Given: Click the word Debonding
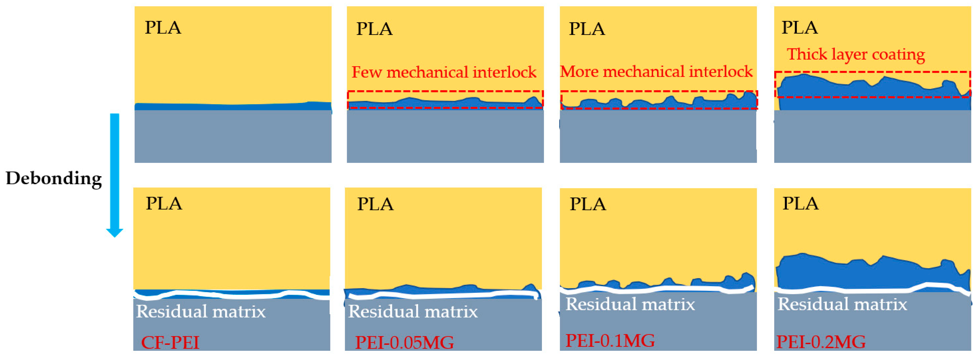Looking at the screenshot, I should (54, 178).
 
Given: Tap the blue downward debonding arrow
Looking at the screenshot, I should (115, 175).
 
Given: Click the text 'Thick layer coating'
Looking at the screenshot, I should (856, 54).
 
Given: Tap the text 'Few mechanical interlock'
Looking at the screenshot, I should (444, 72).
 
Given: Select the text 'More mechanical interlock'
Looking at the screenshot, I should (656, 71).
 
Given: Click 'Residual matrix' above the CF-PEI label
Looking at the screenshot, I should (201, 311).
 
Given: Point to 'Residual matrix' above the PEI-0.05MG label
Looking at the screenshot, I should (413, 311).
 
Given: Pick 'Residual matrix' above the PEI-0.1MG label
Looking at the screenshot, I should (630, 304).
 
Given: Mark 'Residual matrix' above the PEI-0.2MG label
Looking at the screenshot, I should (842, 304).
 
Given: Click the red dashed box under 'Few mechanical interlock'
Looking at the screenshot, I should (445, 92).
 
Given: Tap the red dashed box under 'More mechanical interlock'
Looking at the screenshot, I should (659, 92).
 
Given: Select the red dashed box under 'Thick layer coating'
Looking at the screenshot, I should (872, 72).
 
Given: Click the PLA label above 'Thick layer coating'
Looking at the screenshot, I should (800, 27).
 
